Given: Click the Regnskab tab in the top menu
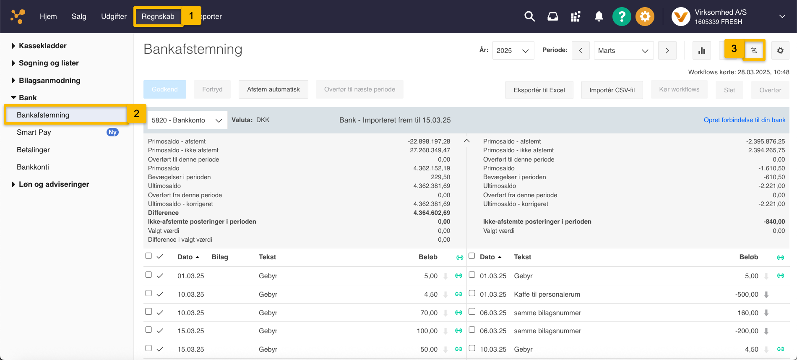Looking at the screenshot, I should (158, 17).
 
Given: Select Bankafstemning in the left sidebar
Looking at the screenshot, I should (43, 115).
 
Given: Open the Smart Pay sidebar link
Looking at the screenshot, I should (34, 132).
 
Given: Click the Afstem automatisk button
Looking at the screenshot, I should (273, 89).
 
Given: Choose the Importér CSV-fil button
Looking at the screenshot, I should (612, 90).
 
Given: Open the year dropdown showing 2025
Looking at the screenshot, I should (513, 51).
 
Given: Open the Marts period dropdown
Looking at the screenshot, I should (623, 51).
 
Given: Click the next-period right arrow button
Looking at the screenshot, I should (667, 51).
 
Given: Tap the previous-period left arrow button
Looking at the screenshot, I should (581, 51).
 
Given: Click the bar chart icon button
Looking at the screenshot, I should (701, 51).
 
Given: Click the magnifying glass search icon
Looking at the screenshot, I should (529, 17).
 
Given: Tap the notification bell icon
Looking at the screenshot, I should (599, 17).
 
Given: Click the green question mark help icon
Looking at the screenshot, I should (621, 17).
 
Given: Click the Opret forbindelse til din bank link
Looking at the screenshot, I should (744, 120).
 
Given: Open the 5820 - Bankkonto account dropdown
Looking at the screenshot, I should (187, 120).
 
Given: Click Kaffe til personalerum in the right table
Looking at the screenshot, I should (547, 295).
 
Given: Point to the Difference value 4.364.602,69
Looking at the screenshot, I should (431, 213).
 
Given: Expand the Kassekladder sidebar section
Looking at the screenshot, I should (42, 46).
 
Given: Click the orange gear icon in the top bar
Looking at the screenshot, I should (645, 17).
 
